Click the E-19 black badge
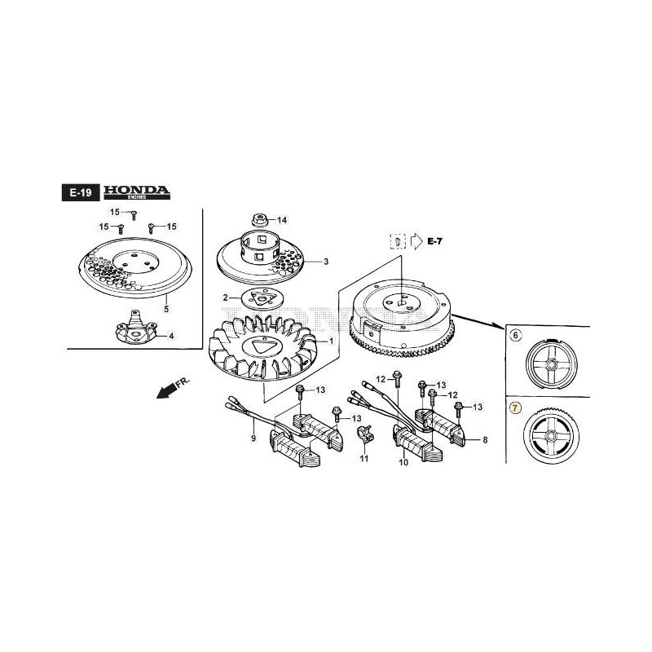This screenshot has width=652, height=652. coord(79,193)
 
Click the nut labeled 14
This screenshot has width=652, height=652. coord(262,220)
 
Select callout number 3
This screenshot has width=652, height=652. coord(325,262)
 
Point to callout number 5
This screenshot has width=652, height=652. coord(166,309)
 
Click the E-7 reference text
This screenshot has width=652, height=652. coord(437,241)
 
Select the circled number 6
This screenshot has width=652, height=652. coord(514,335)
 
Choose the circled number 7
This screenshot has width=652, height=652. coord(514,406)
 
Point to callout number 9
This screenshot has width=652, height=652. coord(253,438)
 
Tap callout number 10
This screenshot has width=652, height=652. coord(403,462)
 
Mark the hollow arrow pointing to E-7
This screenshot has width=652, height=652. coord(416,241)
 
